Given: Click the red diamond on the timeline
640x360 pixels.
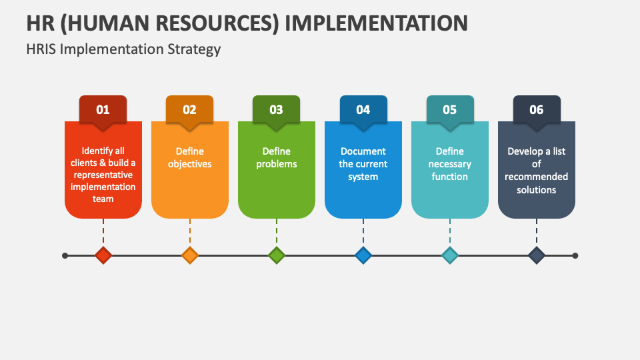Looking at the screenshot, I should click(x=103, y=255).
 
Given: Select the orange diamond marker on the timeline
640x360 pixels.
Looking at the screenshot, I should click(x=190, y=255).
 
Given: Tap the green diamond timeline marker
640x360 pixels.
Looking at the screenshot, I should click(x=277, y=255).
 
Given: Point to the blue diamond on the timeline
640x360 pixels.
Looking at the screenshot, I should click(x=363, y=255).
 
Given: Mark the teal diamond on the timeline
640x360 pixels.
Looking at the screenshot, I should click(x=450, y=255).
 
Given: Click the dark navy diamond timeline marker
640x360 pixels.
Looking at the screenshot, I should click(x=537, y=255).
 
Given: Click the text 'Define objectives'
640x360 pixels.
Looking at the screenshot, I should click(x=189, y=157).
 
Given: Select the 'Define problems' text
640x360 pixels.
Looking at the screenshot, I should click(x=276, y=157).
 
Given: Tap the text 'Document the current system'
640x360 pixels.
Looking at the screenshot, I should click(x=363, y=164).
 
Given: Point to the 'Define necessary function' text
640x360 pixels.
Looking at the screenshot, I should click(x=449, y=164).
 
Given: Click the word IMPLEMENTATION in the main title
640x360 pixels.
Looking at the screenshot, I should click(x=376, y=22).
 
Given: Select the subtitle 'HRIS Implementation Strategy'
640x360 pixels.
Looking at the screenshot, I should click(x=123, y=49).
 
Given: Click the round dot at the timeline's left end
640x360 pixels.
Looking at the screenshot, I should click(x=65, y=255).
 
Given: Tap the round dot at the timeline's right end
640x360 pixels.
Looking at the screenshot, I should click(x=575, y=255).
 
